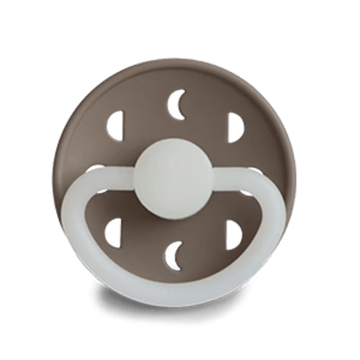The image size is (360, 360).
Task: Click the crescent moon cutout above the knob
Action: (x=175, y=106)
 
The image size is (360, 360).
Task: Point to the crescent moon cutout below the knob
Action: (x=174, y=256)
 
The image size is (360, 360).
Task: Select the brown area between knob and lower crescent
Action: (x=174, y=220)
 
